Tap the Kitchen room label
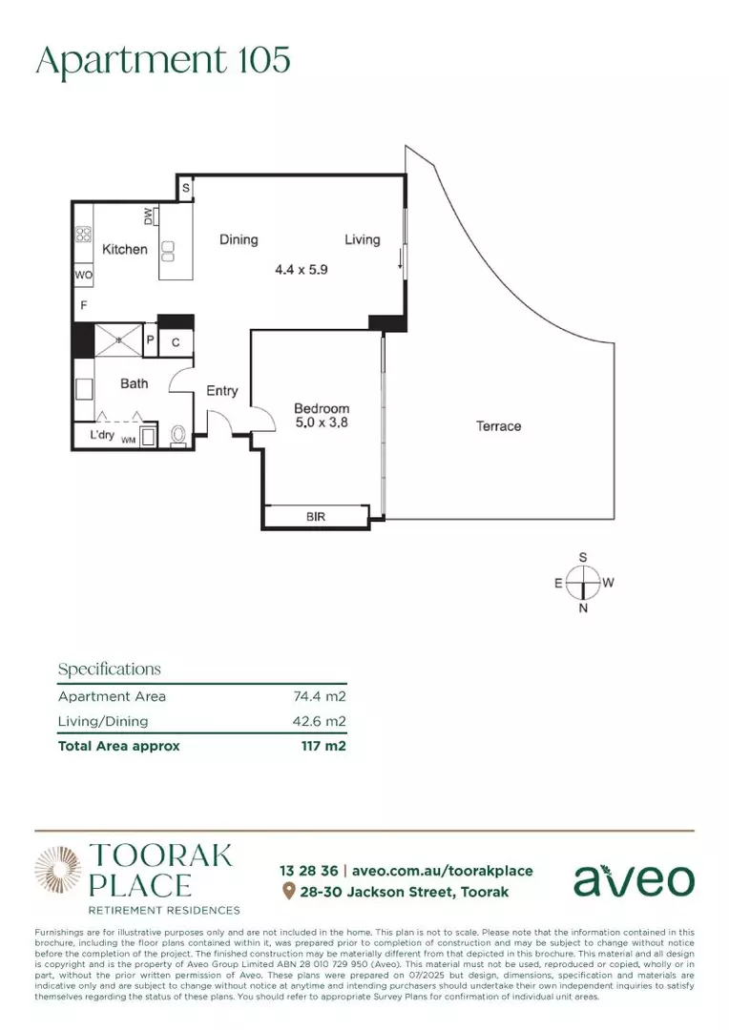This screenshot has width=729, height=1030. [125, 249]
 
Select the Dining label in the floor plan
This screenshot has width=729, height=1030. [239, 239]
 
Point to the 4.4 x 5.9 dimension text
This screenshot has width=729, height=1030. [302, 270]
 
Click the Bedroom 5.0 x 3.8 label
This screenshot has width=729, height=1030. [322, 415]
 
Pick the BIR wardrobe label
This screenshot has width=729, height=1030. [317, 517]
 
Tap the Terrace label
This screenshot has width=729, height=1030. [498, 426]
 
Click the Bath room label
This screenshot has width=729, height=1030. [134, 383]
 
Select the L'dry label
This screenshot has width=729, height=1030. [102, 435]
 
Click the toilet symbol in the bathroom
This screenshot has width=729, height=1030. [177, 436]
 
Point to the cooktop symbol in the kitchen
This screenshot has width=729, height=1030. [84, 234]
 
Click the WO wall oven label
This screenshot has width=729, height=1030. [83, 275]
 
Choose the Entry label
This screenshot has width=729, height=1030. [222, 391]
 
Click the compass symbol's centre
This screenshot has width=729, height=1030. [583, 582]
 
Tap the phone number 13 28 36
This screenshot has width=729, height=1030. [308, 871]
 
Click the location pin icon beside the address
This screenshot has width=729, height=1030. [289, 892]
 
